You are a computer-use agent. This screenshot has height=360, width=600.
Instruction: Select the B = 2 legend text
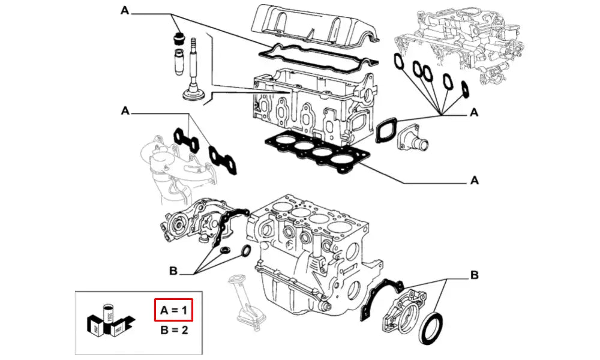click(174, 330)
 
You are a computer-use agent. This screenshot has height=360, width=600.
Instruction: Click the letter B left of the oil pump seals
click(172, 272)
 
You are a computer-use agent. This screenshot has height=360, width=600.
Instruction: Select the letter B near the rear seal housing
click(473, 276)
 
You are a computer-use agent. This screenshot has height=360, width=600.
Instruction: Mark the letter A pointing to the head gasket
click(474, 179)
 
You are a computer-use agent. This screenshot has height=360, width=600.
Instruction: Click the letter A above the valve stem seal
click(124, 10)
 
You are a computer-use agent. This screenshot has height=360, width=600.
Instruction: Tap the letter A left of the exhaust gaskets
click(125, 110)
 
